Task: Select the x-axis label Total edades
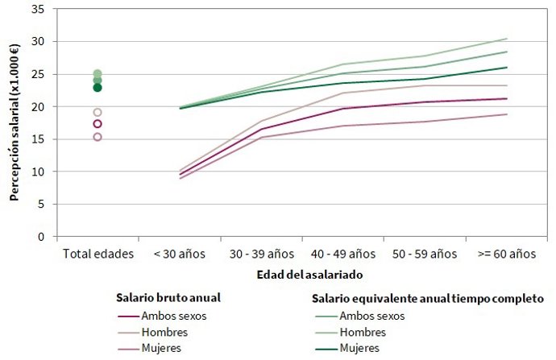click(98, 253)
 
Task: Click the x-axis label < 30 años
click(179, 253)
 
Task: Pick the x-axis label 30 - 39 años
click(260, 253)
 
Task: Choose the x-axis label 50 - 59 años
click(424, 253)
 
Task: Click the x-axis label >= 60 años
click(505, 253)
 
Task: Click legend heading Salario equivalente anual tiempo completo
click(428, 298)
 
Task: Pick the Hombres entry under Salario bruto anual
click(168, 332)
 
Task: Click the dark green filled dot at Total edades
click(98, 87)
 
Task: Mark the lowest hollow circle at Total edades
click(98, 137)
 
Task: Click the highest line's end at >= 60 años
click(507, 39)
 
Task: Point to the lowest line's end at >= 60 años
click(507, 114)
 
